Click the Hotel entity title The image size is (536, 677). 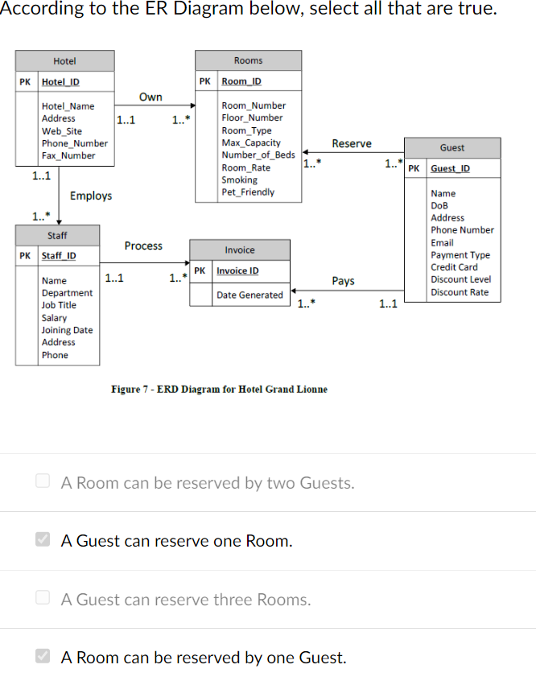[x=64, y=61]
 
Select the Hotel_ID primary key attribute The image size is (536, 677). [x=60, y=82]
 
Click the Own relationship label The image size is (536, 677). [x=150, y=97]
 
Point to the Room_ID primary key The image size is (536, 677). [x=241, y=81]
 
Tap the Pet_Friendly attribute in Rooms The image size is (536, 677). [x=248, y=192]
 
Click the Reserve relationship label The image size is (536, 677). [x=352, y=143]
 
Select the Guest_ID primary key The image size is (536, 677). [x=451, y=168]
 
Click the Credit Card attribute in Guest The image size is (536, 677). [x=454, y=267]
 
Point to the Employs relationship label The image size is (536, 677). [x=91, y=196]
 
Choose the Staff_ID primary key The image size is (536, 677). [x=59, y=256]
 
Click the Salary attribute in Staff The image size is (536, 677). [x=55, y=318]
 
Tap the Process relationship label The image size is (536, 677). [x=143, y=246]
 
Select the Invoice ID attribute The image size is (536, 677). [x=237, y=270]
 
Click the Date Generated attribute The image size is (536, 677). [x=249, y=295]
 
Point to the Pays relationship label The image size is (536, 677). [x=344, y=281]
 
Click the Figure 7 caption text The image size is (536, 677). [x=219, y=389]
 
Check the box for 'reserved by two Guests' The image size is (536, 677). [x=43, y=482]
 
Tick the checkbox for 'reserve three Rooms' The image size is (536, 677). [x=43, y=599]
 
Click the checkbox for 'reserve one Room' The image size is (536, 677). [x=43, y=540]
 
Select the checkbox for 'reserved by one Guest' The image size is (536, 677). [x=43, y=657]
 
